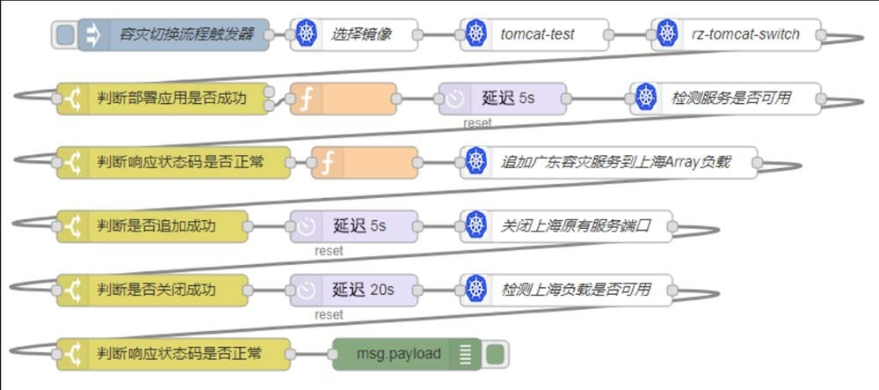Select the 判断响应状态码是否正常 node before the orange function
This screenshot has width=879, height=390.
pyautogui.click(x=171, y=162)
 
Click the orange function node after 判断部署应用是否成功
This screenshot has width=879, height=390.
pyautogui.click(x=343, y=98)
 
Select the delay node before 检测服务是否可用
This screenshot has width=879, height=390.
pyautogui.click(x=503, y=98)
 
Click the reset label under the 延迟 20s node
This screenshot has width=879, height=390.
pyautogui.click(x=329, y=314)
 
